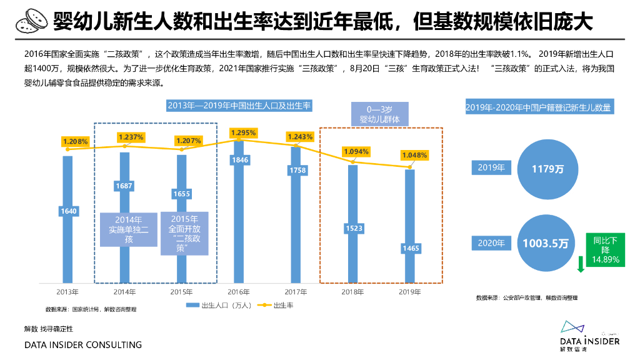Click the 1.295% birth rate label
click(x=243, y=132)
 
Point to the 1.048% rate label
click(x=414, y=155)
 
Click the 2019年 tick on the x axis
click(x=410, y=291)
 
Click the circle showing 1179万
click(x=546, y=169)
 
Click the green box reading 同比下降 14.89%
click(x=605, y=249)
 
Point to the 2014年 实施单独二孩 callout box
click(x=129, y=229)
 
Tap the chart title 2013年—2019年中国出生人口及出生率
click(x=239, y=106)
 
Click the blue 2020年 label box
click(x=491, y=243)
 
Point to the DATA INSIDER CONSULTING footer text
click(x=83, y=345)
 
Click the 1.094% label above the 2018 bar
click(x=356, y=151)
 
